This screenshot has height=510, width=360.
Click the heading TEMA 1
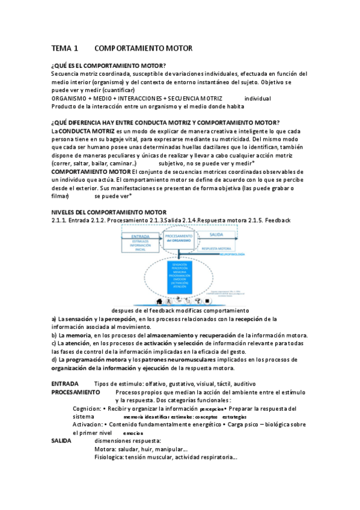[x=65, y=48]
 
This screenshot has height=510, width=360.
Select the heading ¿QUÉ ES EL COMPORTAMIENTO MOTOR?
[x=109, y=65]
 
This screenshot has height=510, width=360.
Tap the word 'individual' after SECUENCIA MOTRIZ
[x=258, y=98]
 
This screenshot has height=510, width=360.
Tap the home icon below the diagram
[x=159, y=300]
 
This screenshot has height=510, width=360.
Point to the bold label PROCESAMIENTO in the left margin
[x=76, y=392]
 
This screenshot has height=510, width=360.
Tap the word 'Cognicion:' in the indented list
[x=87, y=408]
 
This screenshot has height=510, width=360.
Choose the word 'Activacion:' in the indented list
[x=88, y=424]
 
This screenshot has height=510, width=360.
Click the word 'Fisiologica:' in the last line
[x=109, y=457]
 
